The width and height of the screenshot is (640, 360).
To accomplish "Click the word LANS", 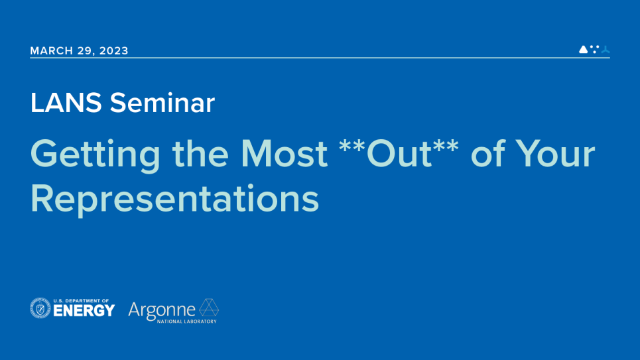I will (65, 103).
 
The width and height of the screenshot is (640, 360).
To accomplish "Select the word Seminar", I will (162, 103).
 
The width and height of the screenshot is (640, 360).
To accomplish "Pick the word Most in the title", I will (284, 154).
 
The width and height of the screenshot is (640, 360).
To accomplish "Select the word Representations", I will (174, 198).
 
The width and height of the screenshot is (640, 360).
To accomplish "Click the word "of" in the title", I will (486, 154).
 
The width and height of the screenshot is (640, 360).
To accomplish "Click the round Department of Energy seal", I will (40, 308).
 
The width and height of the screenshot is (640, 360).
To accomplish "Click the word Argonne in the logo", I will (162, 309).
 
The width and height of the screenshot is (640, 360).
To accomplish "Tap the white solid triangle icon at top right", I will (583, 49).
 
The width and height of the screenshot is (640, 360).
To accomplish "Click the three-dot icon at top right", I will (594, 48).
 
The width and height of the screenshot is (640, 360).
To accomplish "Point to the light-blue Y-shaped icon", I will (605, 49).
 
